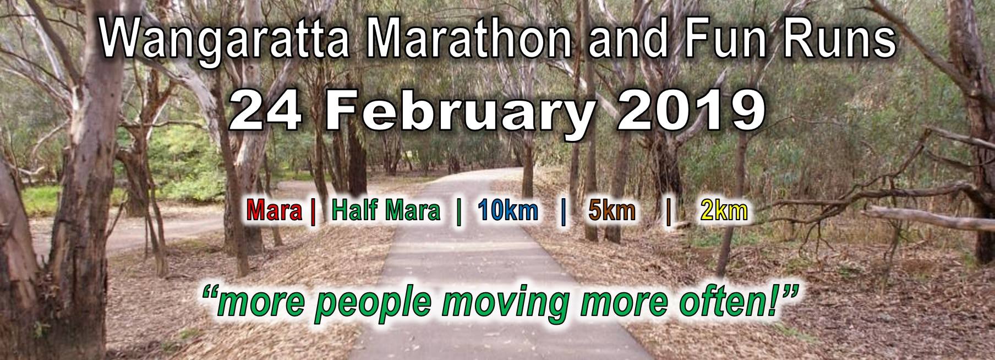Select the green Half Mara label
(x=386, y=212)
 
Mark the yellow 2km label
(x=724, y=212)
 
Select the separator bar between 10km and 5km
(x=563, y=212)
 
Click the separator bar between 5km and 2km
(x=668, y=212)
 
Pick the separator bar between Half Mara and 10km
(x=459, y=212)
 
